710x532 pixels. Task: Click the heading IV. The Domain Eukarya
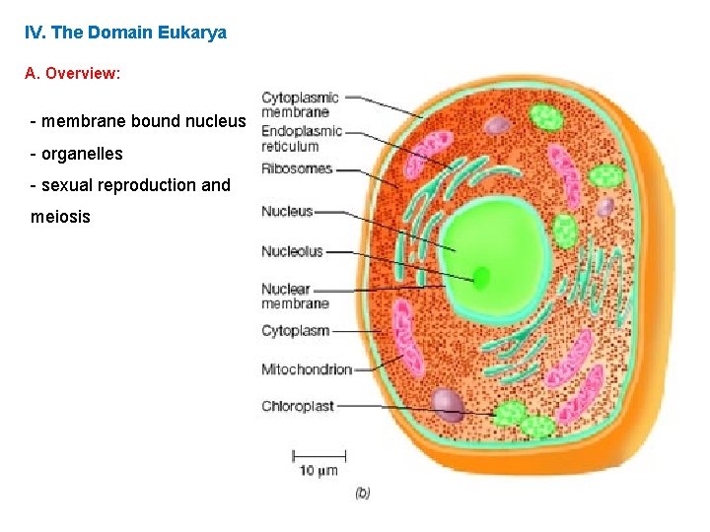click(125, 33)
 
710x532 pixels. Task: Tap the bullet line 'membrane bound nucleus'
click(138, 121)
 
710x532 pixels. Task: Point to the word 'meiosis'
click(60, 216)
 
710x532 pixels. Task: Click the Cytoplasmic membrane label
click(300, 104)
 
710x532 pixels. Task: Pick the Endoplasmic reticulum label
click(302, 139)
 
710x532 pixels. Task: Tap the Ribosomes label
click(297, 169)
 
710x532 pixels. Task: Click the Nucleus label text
click(287, 211)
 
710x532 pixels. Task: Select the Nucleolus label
click(292, 251)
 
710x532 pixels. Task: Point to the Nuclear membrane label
click(295, 297)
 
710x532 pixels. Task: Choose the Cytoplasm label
click(295, 331)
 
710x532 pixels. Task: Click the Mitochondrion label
click(307, 369)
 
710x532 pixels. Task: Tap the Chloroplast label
click(298, 406)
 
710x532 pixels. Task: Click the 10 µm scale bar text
click(319, 471)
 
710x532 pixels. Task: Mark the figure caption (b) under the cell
click(362, 494)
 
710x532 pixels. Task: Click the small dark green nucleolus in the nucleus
click(481, 277)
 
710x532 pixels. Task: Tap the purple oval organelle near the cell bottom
click(449, 404)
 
